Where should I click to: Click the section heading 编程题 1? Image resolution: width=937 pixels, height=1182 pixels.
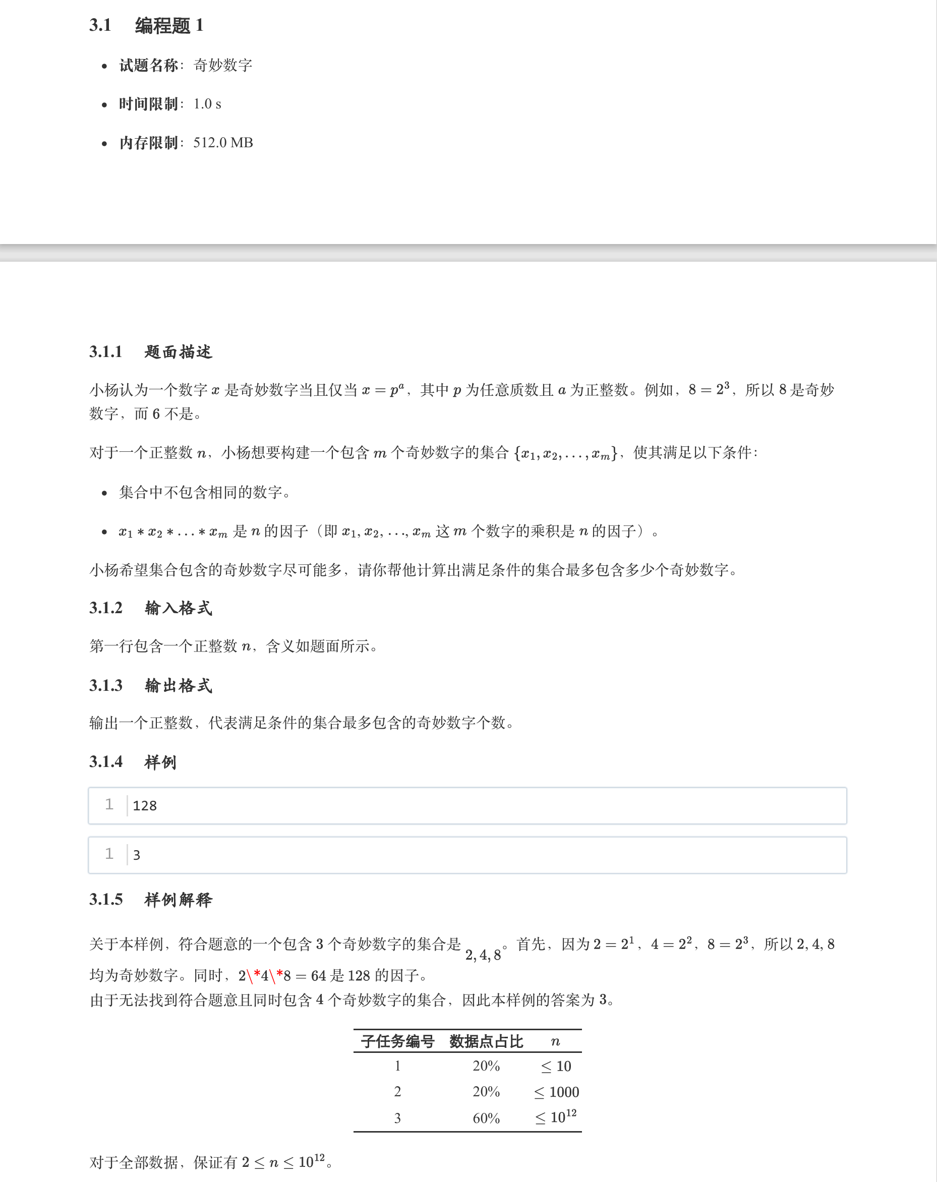[169, 26]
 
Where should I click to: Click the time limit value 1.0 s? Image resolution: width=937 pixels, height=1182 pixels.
[207, 104]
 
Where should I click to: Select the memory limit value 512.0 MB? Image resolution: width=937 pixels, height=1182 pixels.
[223, 143]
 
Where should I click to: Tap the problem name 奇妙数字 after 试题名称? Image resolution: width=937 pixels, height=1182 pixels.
[222, 65]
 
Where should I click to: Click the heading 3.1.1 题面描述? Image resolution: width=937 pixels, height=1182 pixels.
[151, 352]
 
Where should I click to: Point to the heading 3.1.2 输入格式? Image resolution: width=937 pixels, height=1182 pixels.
[151, 608]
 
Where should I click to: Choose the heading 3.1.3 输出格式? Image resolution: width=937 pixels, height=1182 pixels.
[151, 685]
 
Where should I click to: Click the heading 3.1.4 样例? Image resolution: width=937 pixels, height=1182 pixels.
[133, 762]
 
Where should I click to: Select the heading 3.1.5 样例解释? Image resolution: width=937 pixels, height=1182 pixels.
[151, 900]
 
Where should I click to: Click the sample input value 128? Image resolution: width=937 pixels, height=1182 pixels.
[145, 806]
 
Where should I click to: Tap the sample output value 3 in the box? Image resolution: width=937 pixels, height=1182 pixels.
[137, 855]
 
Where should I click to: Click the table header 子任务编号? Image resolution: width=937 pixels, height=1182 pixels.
[397, 1042]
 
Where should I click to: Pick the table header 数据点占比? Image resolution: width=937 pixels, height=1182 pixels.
[486, 1042]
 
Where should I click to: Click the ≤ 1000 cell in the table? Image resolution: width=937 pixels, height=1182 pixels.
[556, 1092]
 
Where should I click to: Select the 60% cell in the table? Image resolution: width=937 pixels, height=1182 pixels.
[486, 1118]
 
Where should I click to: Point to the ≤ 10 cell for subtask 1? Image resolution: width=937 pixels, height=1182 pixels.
[556, 1067]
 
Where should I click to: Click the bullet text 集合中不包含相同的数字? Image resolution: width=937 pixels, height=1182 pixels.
[204, 492]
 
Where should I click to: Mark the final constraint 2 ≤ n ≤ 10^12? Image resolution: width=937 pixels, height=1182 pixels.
[283, 1162]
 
